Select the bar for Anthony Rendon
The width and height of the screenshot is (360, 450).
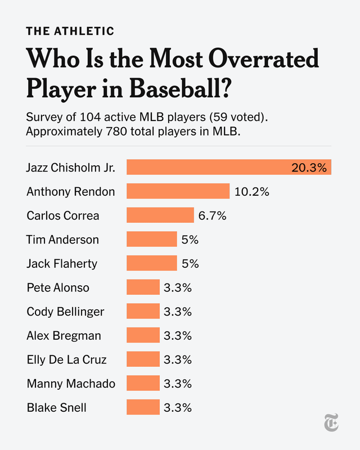[x=178, y=191]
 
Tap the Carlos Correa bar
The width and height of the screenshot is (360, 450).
[x=160, y=215]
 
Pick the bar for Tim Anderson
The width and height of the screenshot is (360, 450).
[x=152, y=239]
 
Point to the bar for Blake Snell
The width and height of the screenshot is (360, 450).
[x=143, y=407]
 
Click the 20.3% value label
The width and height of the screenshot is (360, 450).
[x=309, y=168]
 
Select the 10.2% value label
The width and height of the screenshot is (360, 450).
[x=252, y=192]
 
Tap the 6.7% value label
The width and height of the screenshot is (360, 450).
[x=212, y=215]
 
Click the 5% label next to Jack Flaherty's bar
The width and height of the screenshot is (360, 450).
[x=190, y=263]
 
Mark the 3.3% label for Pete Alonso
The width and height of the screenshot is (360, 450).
[x=178, y=287]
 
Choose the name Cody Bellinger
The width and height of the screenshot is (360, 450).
[x=65, y=312]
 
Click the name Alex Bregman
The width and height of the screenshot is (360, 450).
[x=64, y=336]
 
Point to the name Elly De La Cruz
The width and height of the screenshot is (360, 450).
[x=66, y=359]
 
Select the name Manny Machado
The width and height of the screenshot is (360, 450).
[x=71, y=384]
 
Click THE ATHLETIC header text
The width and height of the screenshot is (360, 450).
[x=70, y=31]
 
